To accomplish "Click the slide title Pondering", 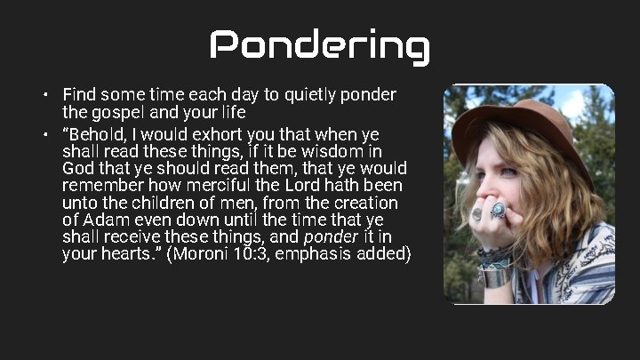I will (320, 45).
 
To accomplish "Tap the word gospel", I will (115, 112).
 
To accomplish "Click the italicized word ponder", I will (330, 236).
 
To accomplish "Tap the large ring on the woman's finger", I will (498, 211).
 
